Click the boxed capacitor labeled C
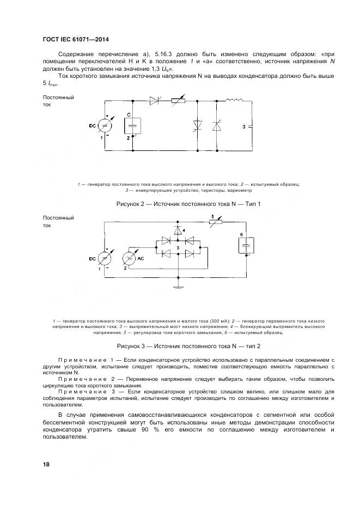[x=133, y=126]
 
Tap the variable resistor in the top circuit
[x=178, y=101]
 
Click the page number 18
[x=46, y=464]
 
